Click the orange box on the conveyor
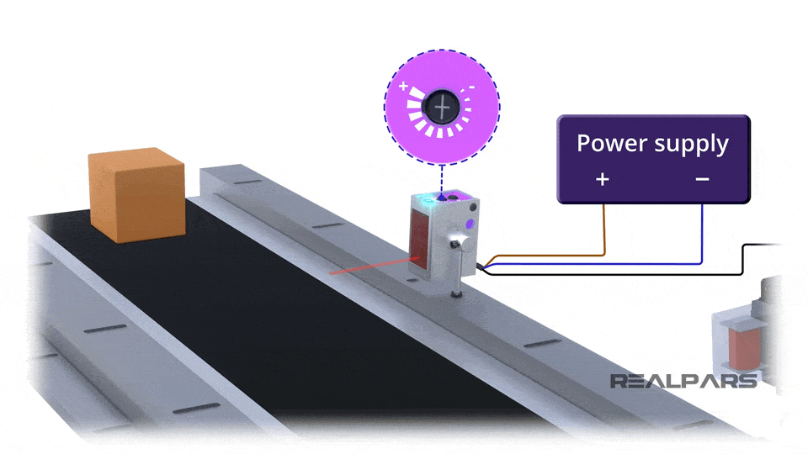pyautogui.click(x=136, y=195)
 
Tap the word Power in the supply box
pyautogui.click(x=607, y=143)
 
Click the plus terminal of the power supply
pyautogui.click(x=603, y=179)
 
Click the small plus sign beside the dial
pyautogui.click(x=404, y=86)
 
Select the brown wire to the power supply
pyautogui.click(x=604, y=235)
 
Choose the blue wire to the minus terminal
pyautogui.click(x=703, y=240)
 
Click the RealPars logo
pyautogui.click(x=683, y=381)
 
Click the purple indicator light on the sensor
pyautogui.click(x=467, y=225)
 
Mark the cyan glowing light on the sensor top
pyautogui.click(x=427, y=198)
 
